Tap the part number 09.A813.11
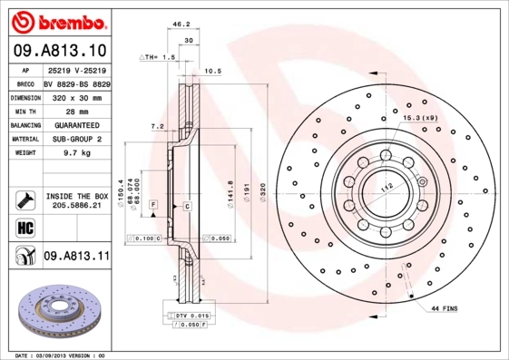click(x=76, y=257)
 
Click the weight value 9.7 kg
click(x=75, y=155)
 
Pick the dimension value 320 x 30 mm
click(x=76, y=95)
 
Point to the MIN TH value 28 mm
click(x=76, y=110)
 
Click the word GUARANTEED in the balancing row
click(x=76, y=125)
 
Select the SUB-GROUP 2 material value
click(x=76, y=140)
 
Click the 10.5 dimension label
click(x=213, y=70)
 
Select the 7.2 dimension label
click(x=156, y=126)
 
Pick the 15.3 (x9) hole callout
click(x=419, y=118)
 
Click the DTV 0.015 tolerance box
click(x=187, y=314)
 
